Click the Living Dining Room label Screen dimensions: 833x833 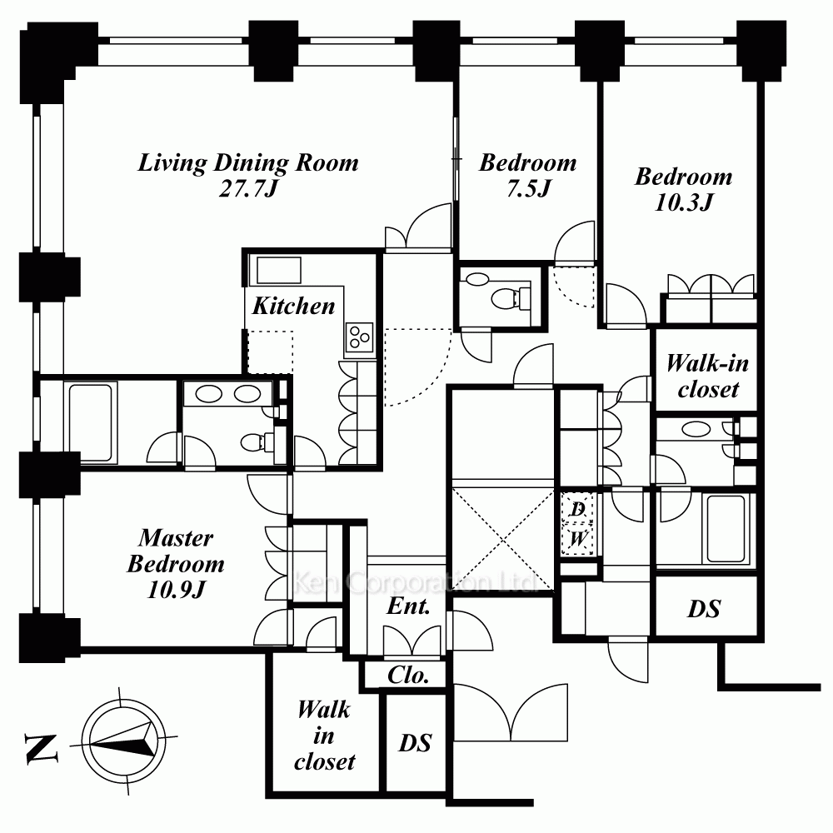[x=248, y=162]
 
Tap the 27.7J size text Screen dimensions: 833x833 [x=248, y=188]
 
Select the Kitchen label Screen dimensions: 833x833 [x=293, y=306]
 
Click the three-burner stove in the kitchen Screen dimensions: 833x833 [x=359, y=337]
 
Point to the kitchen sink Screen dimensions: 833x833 [x=279, y=271]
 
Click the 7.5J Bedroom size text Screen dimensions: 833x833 [x=529, y=188]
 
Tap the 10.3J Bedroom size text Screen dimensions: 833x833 [x=684, y=202]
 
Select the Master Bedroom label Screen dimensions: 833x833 [x=176, y=551]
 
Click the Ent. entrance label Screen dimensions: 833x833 [x=408, y=606]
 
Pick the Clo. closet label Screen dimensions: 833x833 [x=408, y=676]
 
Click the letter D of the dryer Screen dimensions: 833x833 [x=578, y=509]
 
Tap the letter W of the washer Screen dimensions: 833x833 [x=578, y=539]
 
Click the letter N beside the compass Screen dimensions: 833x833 [x=41, y=749]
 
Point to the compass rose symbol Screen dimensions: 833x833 [x=123, y=740]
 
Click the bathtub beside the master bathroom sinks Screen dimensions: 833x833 [x=90, y=423]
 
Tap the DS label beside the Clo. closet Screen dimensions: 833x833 [x=415, y=743]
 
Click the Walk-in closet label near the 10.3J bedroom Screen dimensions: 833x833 [x=707, y=377]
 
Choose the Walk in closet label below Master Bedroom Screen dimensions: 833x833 [x=325, y=736]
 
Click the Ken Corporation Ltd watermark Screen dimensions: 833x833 [x=416, y=582]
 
